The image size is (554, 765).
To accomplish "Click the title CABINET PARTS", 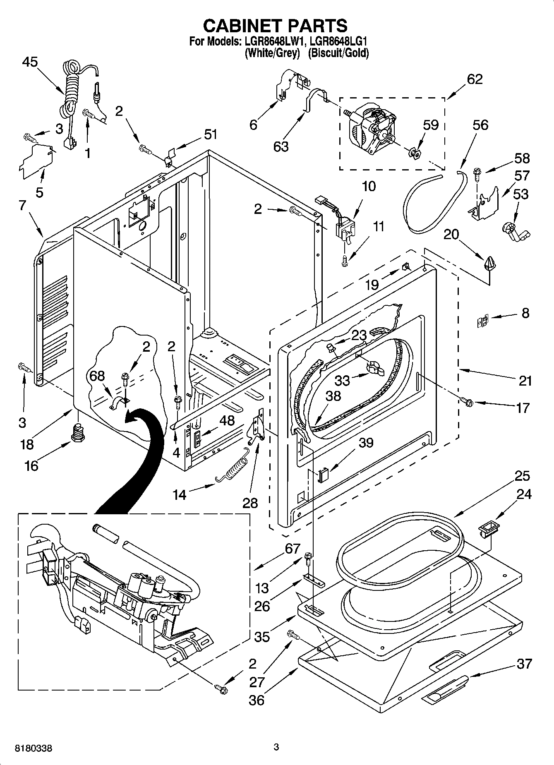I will click(x=275, y=26).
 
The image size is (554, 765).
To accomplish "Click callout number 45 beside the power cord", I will click(x=30, y=62).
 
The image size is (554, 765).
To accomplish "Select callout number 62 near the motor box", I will click(x=475, y=79).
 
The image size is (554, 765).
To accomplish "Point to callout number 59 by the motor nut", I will click(x=431, y=125).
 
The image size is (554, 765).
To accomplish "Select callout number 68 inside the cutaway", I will click(x=97, y=376).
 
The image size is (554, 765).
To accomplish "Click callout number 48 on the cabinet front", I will click(x=226, y=420).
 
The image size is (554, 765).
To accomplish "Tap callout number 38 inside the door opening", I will click(x=333, y=396).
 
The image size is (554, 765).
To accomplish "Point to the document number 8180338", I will click(x=34, y=748).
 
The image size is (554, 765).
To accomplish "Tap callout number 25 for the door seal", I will click(x=522, y=476).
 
